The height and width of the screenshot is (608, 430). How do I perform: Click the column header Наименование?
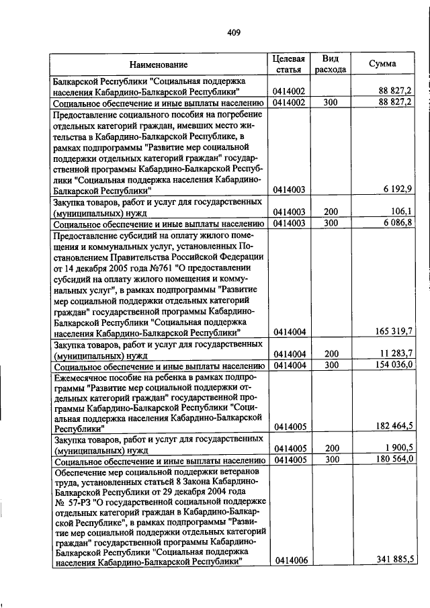(x=159, y=64)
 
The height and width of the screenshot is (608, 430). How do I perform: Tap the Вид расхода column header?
(x=331, y=64)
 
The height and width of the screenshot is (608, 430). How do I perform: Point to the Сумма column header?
(x=382, y=64)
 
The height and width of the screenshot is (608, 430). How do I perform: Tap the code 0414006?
(x=290, y=560)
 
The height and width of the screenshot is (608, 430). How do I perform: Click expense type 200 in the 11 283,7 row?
(x=331, y=353)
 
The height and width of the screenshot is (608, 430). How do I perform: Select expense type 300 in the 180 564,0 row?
(x=331, y=460)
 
